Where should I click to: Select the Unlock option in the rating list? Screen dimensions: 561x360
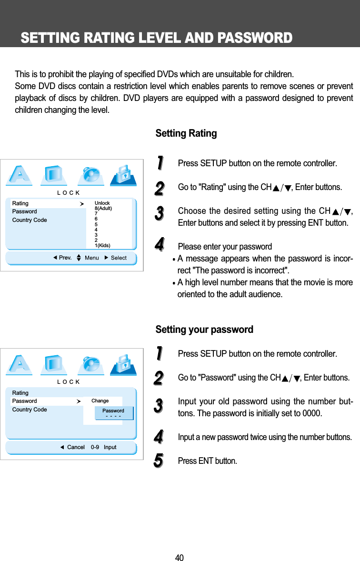tap(102, 203)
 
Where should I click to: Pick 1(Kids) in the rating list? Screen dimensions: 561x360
tap(102, 245)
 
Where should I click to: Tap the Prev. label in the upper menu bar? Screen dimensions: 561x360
tap(65, 258)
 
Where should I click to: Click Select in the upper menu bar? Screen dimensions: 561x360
tap(119, 258)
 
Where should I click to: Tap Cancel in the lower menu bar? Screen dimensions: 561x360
tap(76, 447)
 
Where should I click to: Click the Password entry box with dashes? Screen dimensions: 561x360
tap(113, 413)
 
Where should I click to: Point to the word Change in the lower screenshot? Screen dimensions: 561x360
tap(100, 401)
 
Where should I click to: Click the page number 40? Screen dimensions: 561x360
tap(179, 558)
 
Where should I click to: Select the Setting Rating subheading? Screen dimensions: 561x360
tap(186, 133)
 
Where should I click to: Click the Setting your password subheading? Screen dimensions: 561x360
tap(204, 330)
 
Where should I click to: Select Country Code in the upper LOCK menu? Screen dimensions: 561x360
tap(30, 220)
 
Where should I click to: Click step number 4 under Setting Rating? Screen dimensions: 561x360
tap(160, 246)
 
